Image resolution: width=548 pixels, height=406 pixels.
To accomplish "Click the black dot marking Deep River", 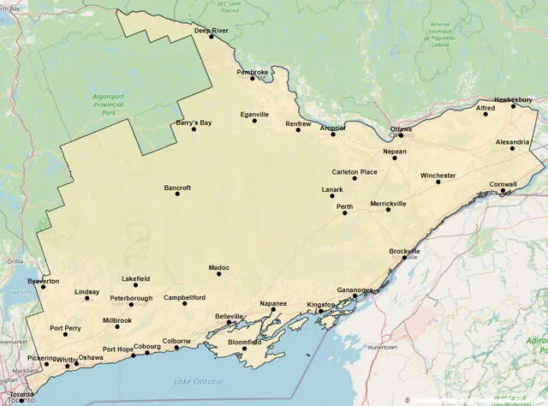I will click(x=211, y=36).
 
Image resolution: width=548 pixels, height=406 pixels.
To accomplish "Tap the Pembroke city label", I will click(x=253, y=72).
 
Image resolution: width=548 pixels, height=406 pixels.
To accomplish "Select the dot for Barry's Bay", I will click(x=194, y=129).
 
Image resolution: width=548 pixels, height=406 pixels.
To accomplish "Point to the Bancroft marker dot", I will click(x=178, y=194).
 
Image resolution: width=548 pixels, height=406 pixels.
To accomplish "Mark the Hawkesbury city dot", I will click(x=514, y=105).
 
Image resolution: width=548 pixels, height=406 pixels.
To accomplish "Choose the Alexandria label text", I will click(x=512, y=141).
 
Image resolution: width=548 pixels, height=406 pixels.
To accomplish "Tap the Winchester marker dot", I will click(x=438, y=182).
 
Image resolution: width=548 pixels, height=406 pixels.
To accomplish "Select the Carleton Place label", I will click(x=354, y=171).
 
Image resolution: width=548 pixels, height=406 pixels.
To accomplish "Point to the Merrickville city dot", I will click(x=388, y=209).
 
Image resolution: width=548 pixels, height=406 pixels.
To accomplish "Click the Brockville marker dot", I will click(x=405, y=257).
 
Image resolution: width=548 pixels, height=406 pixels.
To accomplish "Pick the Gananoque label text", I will click(x=354, y=290).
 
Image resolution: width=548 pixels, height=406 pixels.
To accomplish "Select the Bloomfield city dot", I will click(x=244, y=349).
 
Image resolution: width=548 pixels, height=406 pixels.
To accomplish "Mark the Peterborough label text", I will click(x=131, y=298).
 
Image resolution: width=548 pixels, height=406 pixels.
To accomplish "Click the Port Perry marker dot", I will click(x=65, y=334).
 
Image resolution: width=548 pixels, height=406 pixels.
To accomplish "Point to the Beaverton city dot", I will click(x=43, y=287).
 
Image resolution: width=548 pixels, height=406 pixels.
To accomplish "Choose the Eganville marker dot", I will click(x=254, y=120).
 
